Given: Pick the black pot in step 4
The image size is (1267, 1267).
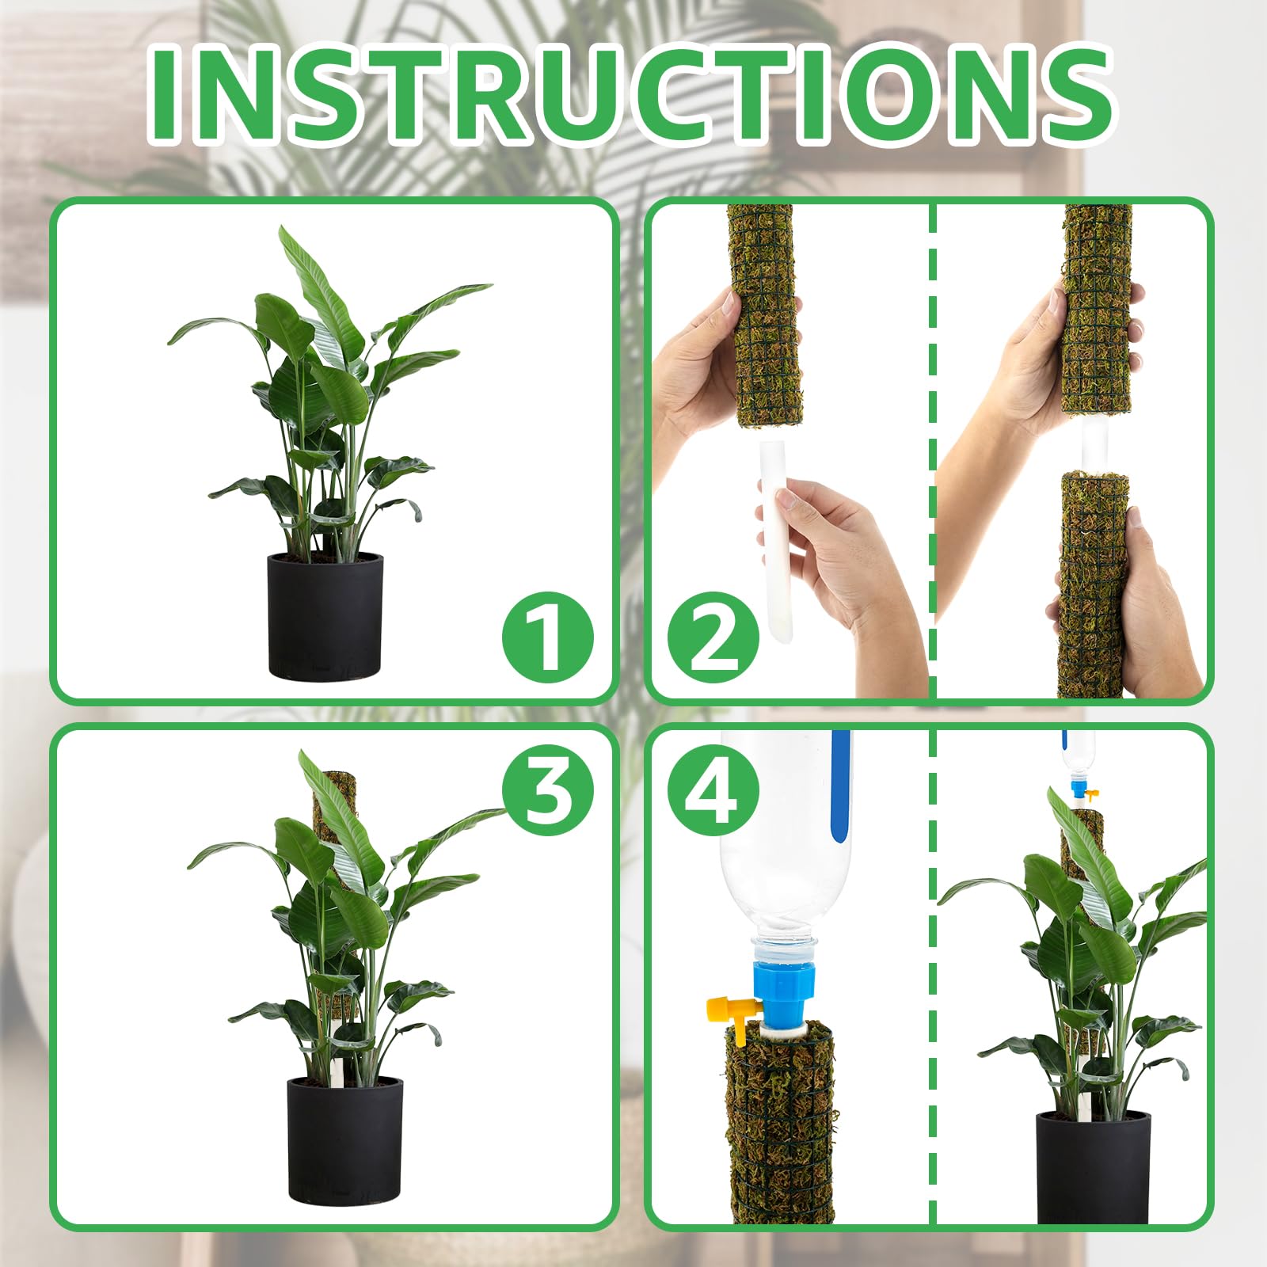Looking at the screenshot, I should click(1093, 1164).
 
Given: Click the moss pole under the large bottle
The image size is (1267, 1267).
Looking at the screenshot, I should click(780, 1124).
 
